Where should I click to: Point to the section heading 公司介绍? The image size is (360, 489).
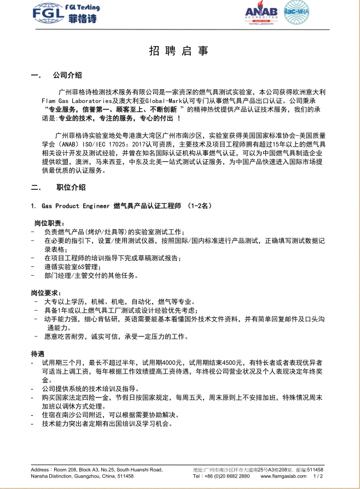67,75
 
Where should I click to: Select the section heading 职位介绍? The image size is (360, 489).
71,188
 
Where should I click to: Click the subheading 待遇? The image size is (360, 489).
38,353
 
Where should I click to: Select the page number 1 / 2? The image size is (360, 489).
317,476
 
